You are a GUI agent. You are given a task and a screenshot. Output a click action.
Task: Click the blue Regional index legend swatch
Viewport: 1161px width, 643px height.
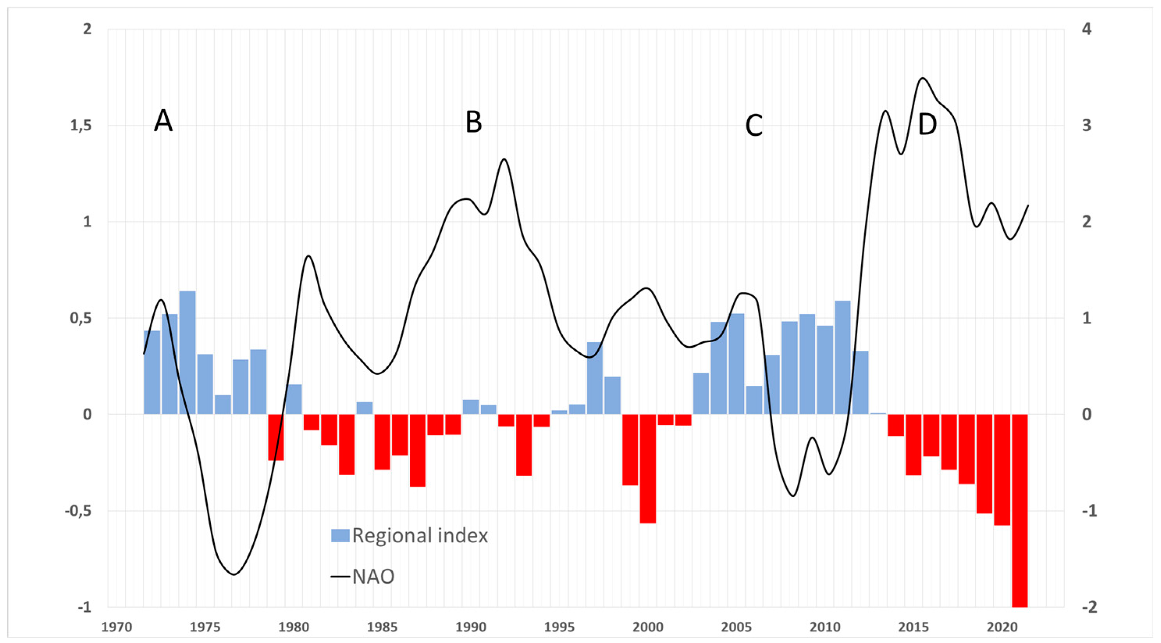point(340,535)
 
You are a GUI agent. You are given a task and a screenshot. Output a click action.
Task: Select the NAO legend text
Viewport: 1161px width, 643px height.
point(373,576)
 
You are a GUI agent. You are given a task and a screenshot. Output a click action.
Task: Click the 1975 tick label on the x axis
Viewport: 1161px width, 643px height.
point(204,627)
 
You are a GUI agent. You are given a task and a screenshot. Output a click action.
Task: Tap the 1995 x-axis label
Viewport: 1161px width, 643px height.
point(559,627)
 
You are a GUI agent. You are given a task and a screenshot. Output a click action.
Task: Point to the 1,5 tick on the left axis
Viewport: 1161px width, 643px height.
point(81,126)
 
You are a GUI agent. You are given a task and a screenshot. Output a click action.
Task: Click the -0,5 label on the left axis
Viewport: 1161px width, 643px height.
point(78,511)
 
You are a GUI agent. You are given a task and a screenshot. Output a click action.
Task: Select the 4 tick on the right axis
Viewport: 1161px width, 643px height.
point(1086,29)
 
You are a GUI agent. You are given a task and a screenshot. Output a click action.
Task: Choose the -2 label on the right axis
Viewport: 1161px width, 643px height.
point(1083,607)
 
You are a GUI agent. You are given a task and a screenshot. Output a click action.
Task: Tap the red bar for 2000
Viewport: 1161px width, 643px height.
point(648,469)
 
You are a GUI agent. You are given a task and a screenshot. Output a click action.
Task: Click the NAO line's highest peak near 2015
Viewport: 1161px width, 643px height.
point(923,78)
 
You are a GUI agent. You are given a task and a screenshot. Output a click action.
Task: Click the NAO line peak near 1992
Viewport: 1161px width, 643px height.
point(504,160)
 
